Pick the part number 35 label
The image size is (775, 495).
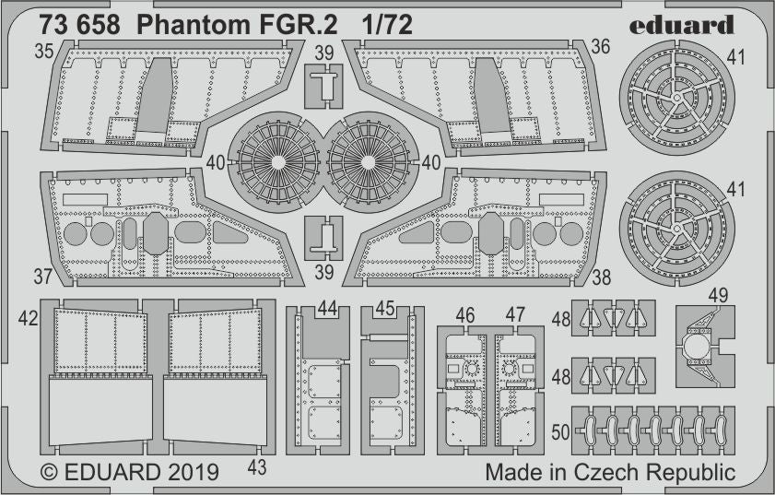pyautogui.click(x=43, y=53)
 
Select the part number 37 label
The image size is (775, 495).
pyautogui.click(x=43, y=275)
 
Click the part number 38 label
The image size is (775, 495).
pyautogui.click(x=602, y=275)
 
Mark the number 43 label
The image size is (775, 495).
pyautogui.click(x=257, y=467)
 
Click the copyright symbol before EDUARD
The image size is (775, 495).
pyautogui.click(x=49, y=474)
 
